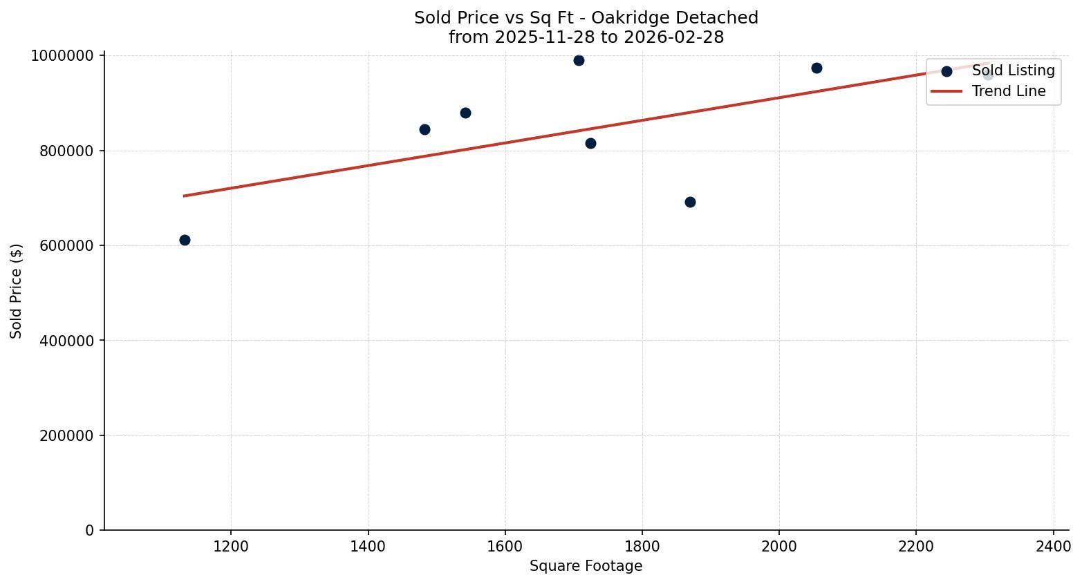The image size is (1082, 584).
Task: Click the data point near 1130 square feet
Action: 185,240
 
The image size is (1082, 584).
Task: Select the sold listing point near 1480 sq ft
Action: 425,129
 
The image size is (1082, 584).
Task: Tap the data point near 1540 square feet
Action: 465,113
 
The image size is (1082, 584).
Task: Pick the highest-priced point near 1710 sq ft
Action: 579,60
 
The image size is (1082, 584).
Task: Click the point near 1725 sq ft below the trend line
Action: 590,143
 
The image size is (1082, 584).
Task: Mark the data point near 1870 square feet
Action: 690,202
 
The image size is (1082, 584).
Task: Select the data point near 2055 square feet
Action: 817,68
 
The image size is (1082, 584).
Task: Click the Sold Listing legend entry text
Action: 1013,70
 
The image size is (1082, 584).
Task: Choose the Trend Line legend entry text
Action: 1008,91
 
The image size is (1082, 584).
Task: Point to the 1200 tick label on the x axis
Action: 230,547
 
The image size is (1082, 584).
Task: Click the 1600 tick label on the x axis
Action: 505,547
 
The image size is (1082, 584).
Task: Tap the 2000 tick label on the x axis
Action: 779,547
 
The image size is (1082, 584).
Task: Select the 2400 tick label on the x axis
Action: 1053,547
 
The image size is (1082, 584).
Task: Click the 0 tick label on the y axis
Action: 90,531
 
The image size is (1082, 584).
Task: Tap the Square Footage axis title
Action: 586,567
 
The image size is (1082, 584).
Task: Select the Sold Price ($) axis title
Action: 17,291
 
